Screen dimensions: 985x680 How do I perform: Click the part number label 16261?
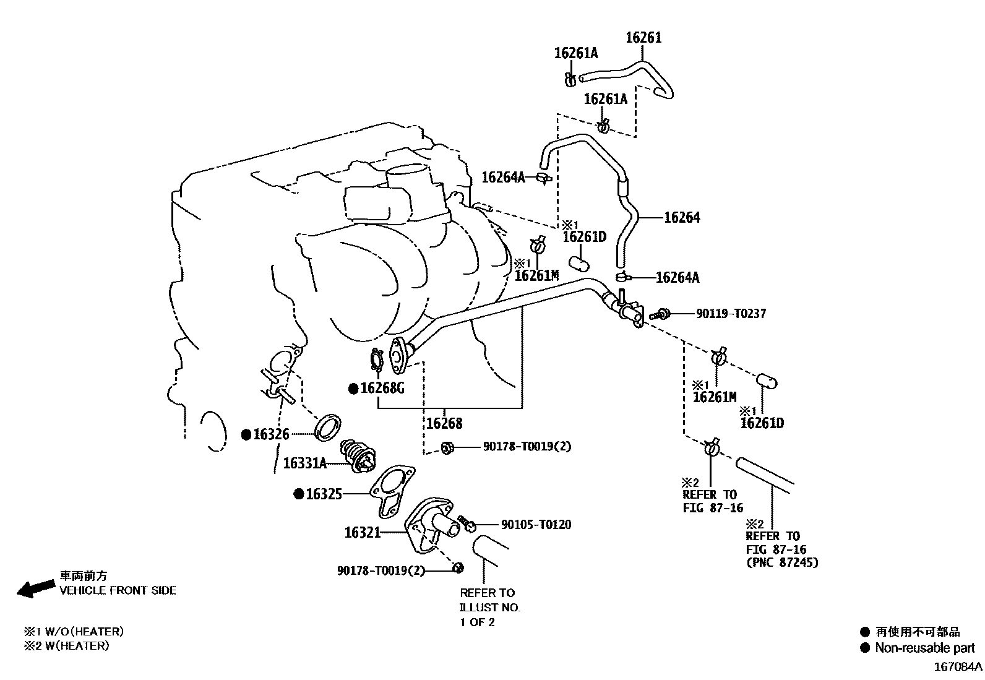(643, 37)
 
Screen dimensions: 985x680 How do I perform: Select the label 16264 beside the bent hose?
(682, 217)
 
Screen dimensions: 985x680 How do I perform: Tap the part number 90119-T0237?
(731, 314)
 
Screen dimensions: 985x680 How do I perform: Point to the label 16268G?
(382, 389)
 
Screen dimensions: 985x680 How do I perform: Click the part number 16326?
(272, 434)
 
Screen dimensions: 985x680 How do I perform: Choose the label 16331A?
(305, 463)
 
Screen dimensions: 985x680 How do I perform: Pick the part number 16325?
(324, 494)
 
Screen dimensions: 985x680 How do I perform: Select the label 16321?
(363, 533)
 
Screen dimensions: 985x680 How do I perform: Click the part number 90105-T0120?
(536, 524)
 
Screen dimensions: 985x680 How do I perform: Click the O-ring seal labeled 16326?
(328, 427)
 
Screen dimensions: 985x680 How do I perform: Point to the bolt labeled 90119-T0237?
(660, 314)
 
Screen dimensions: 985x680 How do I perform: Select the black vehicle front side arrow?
(36, 588)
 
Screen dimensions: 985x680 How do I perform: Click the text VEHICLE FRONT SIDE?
(118, 590)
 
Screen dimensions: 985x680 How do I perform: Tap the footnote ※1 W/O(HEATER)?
(74, 632)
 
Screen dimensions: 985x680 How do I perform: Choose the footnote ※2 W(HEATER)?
(66, 646)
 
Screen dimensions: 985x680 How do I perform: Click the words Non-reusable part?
(925, 647)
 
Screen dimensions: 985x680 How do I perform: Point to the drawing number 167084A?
(958, 667)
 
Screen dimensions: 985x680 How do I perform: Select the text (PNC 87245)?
(782, 562)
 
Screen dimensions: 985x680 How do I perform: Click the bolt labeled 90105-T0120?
(467, 523)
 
